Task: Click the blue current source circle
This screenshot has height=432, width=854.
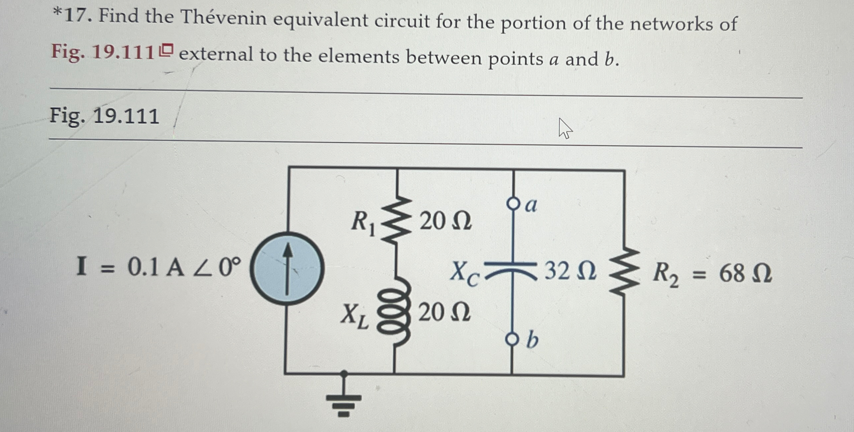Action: click(x=287, y=268)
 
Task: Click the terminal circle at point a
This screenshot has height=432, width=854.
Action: click(x=513, y=203)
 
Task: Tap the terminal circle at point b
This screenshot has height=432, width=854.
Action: click(x=512, y=339)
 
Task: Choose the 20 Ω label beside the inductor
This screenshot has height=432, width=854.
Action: click(x=444, y=312)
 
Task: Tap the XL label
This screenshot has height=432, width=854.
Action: click(x=355, y=316)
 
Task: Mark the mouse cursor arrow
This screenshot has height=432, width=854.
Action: click(x=564, y=128)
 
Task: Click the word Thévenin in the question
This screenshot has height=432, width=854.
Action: click(x=223, y=18)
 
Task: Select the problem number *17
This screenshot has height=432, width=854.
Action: click(x=72, y=15)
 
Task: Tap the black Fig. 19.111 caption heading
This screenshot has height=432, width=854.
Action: click(x=104, y=116)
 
